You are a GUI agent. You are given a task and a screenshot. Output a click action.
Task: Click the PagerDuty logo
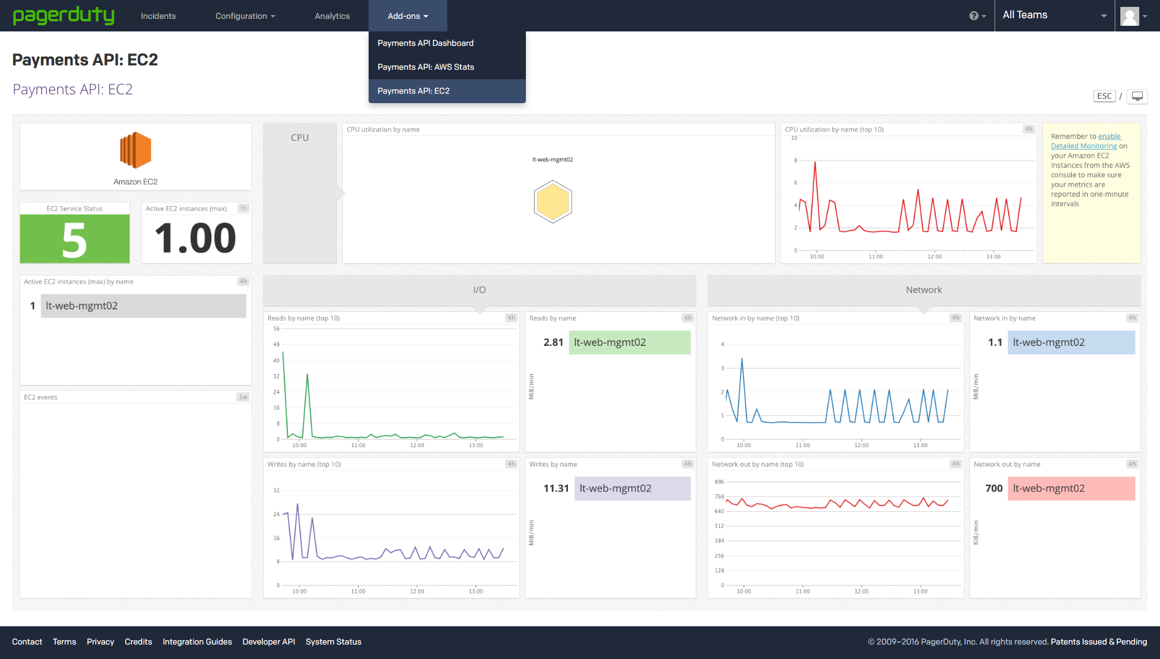[64, 15]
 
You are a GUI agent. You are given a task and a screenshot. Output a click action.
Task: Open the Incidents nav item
[158, 16]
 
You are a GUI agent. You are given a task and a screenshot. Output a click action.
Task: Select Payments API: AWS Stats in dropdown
[425, 67]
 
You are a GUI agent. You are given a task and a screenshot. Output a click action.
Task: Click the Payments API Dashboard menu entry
[425, 43]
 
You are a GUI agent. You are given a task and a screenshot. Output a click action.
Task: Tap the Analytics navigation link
[332, 16]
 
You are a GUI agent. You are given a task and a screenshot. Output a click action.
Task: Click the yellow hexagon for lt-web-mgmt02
[552, 202]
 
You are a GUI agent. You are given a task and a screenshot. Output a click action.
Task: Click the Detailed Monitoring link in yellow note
[1083, 146]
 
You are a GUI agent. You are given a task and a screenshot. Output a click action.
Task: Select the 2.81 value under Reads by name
[553, 342]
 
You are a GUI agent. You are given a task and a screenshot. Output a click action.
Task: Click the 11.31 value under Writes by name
[556, 488]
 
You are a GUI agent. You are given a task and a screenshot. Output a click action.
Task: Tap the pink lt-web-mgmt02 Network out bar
[1071, 488]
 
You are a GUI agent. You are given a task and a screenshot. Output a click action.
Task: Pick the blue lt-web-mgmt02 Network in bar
[1071, 342]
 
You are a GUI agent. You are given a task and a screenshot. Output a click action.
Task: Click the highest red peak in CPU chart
[815, 163]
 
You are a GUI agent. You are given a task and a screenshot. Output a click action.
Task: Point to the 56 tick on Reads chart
[276, 329]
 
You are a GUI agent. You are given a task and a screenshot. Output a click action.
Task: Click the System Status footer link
[333, 641]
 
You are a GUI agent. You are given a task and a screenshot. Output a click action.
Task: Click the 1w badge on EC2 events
[243, 397]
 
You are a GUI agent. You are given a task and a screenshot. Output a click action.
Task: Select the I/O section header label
[479, 290]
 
